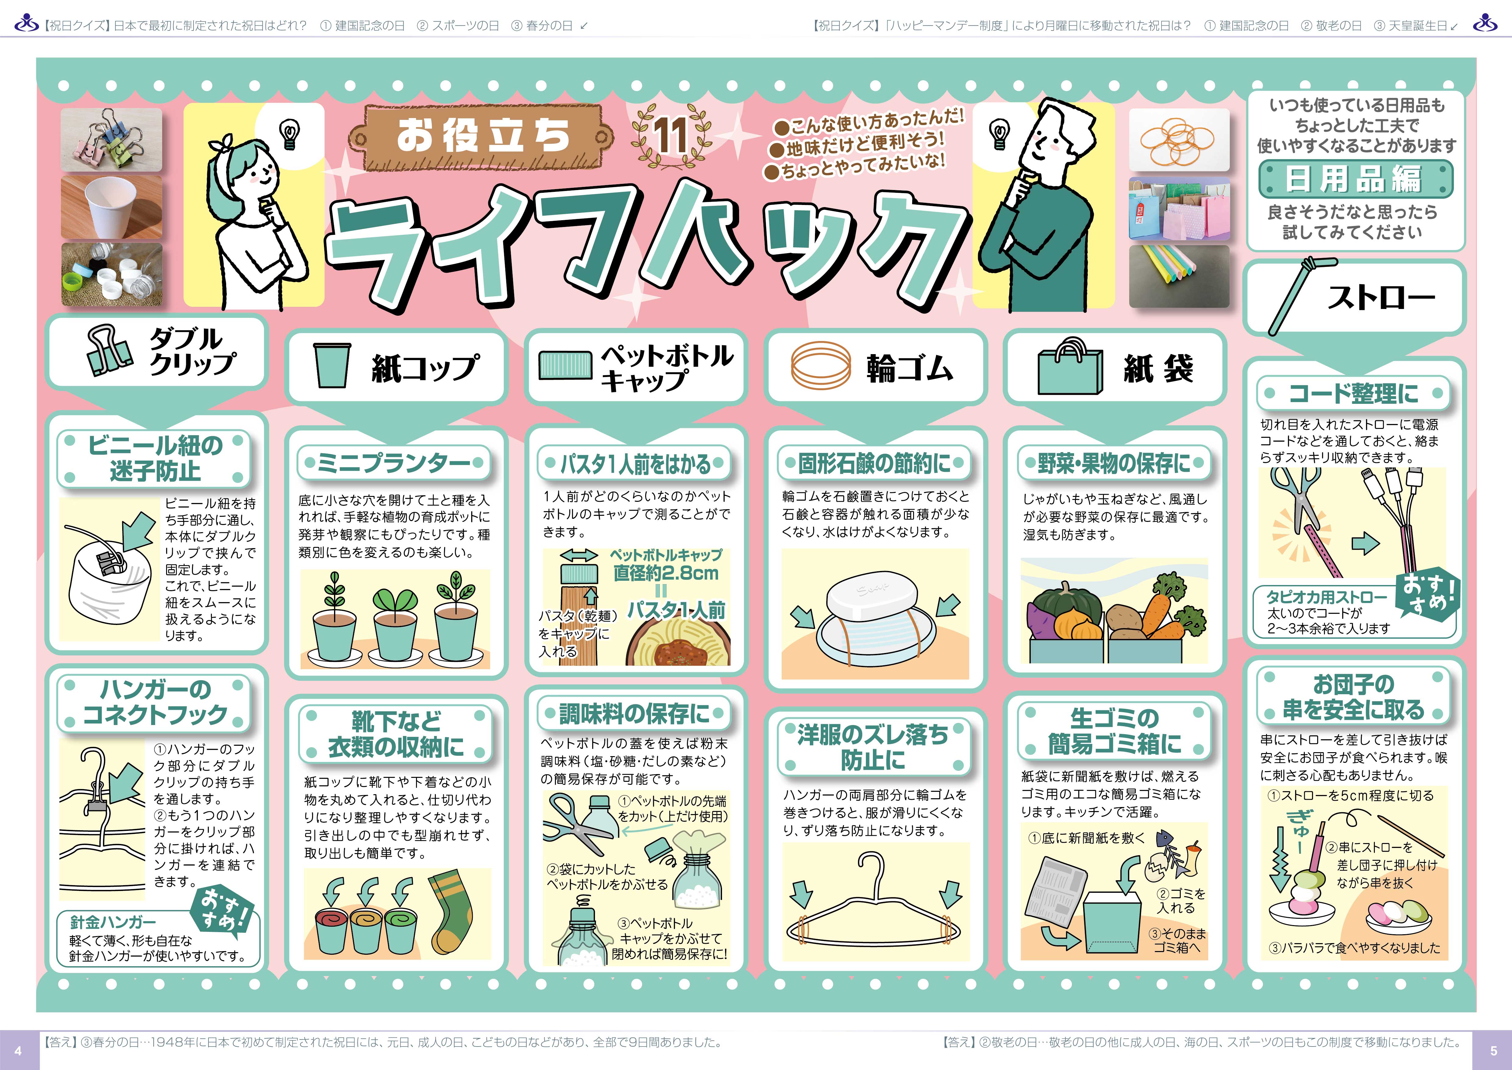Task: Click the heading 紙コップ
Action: coord(425,367)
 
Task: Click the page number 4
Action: coord(18,1050)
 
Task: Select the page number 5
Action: coord(1493,1050)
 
